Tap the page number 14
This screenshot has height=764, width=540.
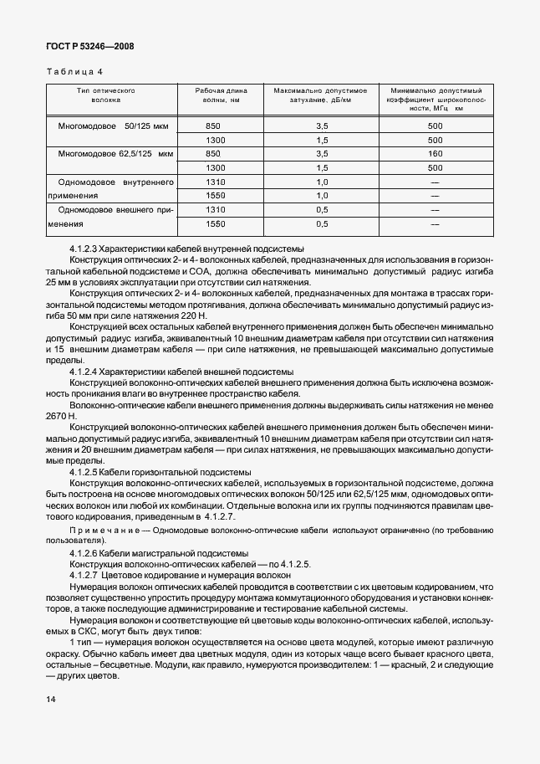(51, 698)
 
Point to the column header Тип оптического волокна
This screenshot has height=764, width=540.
(106, 95)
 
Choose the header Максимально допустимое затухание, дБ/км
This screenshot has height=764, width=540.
(321, 95)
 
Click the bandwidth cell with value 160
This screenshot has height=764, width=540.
(434, 154)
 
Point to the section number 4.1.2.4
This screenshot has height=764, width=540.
(85, 371)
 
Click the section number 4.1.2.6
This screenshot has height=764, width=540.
(85, 554)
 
